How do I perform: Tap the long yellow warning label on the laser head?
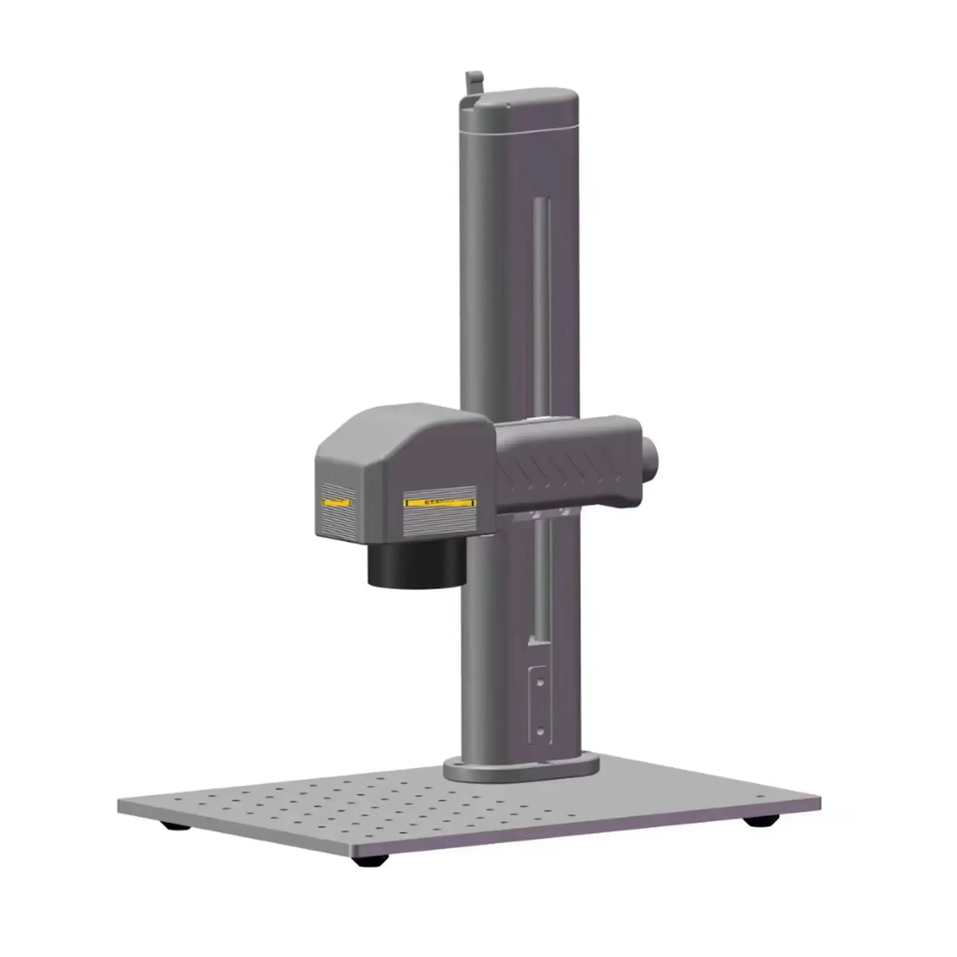[440, 502]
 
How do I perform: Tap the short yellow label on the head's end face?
[337, 503]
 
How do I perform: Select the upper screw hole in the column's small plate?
[540, 682]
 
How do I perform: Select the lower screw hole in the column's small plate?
[540, 731]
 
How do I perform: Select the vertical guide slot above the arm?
[541, 307]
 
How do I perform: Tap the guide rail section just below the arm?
[542, 574]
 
